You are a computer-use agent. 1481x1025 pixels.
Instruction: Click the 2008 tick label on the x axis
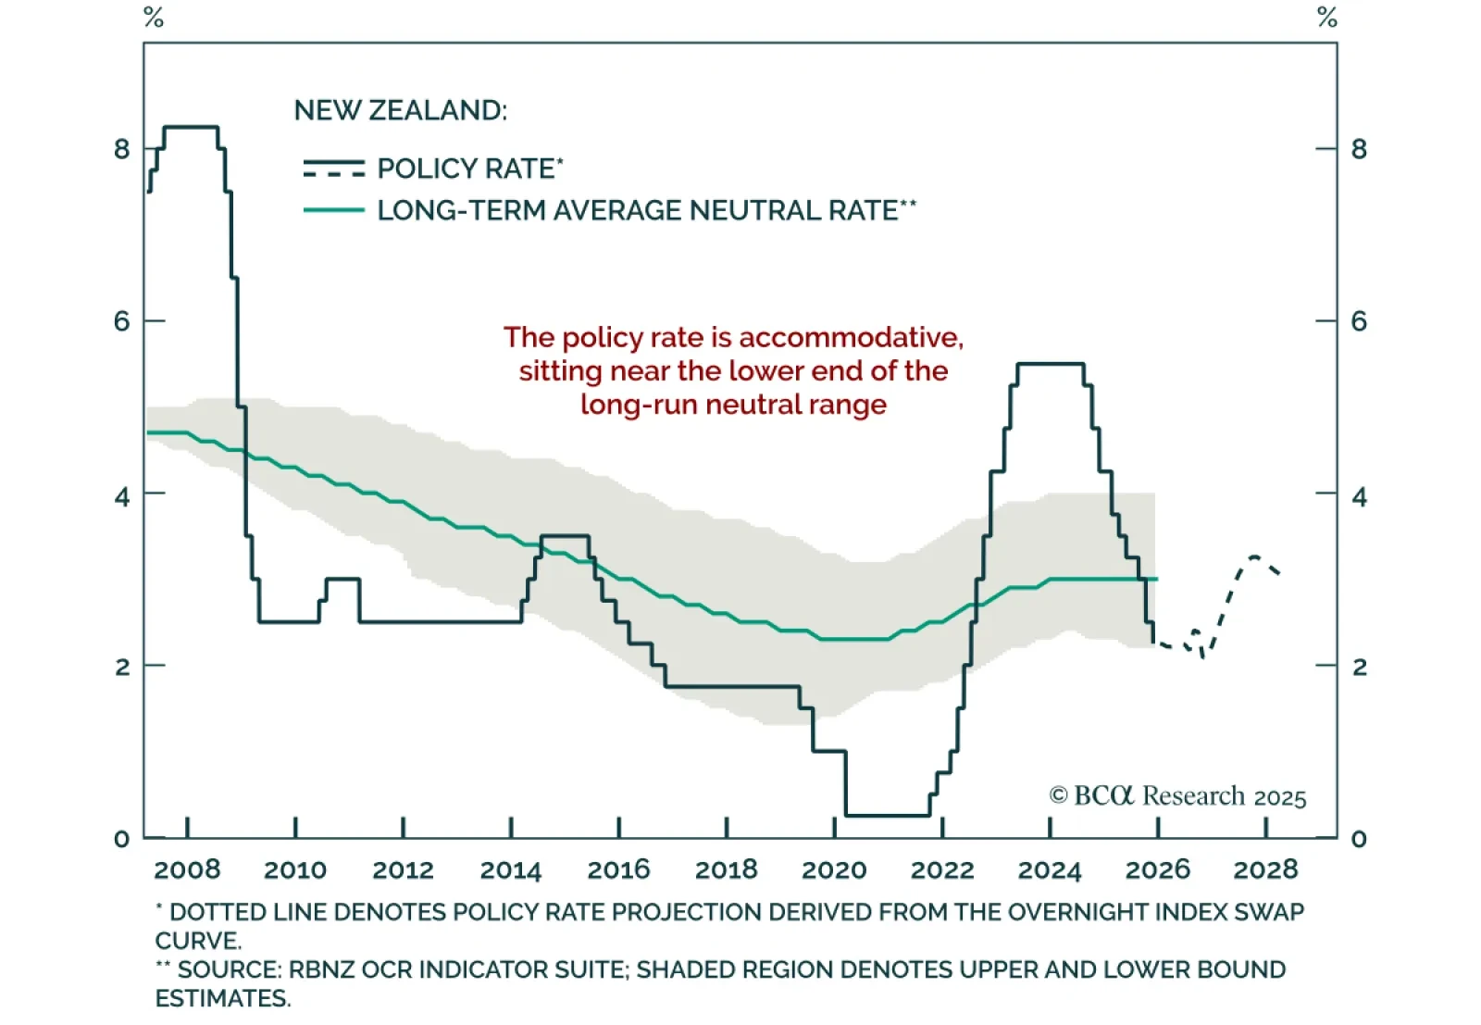pyautogui.click(x=187, y=869)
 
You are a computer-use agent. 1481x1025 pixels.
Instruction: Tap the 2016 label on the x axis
pyautogui.click(x=618, y=869)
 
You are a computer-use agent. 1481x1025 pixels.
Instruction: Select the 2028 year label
pyautogui.click(x=1265, y=869)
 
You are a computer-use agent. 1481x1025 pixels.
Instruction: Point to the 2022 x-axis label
pyautogui.click(x=942, y=869)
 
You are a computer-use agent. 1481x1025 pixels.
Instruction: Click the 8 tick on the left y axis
pyautogui.click(x=122, y=149)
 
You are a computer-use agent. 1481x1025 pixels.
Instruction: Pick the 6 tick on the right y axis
pyautogui.click(x=1359, y=321)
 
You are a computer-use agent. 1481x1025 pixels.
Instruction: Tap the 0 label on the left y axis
pyautogui.click(x=122, y=839)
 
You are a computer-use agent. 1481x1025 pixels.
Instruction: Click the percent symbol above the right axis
pyautogui.click(x=1327, y=18)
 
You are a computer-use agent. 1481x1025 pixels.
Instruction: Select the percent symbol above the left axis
pyautogui.click(x=154, y=18)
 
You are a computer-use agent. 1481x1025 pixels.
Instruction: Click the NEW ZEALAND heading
pyautogui.click(x=400, y=110)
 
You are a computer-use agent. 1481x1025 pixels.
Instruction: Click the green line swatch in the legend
pyautogui.click(x=334, y=210)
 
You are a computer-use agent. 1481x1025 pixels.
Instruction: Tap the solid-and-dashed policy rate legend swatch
pyautogui.click(x=334, y=169)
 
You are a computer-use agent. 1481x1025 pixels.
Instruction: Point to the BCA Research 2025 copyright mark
pyautogui.click(x=1177, y=796)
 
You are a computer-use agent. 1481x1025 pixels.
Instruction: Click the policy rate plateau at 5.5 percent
pyautogui.click(x=1050, y=364)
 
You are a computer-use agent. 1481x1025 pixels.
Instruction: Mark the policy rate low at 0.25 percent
pyautogui.click(x=888, y=816)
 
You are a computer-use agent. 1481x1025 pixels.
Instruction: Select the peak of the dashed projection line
pyautogui.click(x=1254, y=556)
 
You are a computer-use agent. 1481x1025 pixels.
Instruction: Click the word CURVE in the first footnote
pyautogui.click(x=197, y=941)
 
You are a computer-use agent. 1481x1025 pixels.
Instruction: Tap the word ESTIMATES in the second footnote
pyautogui.click(x=222, y=998)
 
